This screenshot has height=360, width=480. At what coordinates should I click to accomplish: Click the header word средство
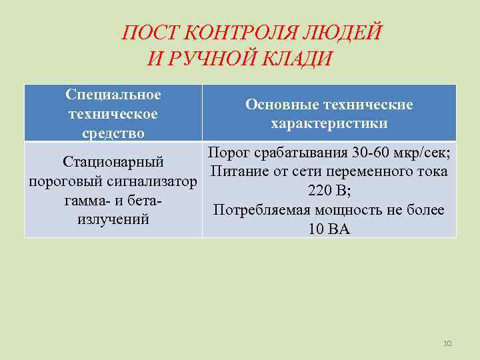(113, 133)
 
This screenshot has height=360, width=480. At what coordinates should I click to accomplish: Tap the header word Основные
(283, 105)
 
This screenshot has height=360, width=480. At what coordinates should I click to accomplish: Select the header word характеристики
(329, 124)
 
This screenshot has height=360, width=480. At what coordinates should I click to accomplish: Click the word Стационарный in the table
(113, 162)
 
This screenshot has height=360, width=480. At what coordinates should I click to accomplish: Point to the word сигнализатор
(155, 181)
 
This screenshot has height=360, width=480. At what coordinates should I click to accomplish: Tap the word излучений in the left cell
(113, 219)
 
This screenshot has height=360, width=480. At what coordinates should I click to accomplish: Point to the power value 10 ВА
(329, 229)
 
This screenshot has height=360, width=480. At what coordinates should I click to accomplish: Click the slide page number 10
(447, 343)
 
